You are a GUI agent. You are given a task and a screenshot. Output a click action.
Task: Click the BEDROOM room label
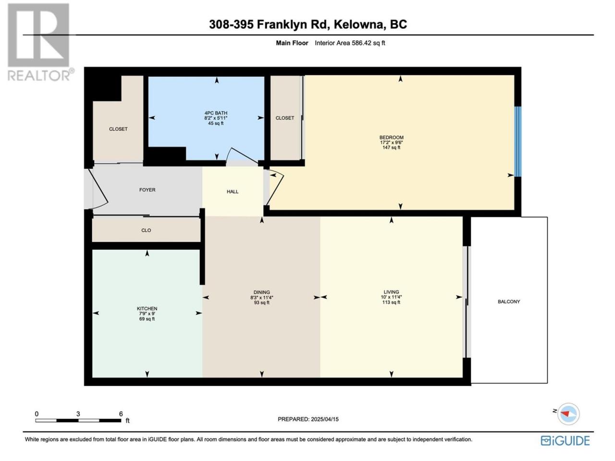[391, 137]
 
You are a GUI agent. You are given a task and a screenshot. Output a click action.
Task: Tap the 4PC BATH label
[216, 113]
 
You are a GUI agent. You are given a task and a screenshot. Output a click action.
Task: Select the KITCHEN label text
[147, 308]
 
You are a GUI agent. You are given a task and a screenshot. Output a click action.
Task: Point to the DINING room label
[262, 292]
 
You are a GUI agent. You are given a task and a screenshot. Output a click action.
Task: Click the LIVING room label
[391, 292]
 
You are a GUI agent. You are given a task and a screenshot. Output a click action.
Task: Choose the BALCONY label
[509, 302]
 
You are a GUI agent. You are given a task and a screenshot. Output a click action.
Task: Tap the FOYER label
[147, 190]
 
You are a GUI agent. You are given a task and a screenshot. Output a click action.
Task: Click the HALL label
[233, 192]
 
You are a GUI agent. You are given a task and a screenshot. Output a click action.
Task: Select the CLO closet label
[146, 230]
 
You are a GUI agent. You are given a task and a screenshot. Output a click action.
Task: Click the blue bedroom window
[518, 141]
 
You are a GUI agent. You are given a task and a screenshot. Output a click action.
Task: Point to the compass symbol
[568, 413]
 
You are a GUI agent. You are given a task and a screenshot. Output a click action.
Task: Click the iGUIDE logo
[565, 440]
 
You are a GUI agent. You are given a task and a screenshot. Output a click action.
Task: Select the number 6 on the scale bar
[121, 413]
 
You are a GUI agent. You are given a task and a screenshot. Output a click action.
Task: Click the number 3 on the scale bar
[78, 413]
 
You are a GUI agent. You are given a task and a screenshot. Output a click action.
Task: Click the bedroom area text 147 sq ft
[391, 147]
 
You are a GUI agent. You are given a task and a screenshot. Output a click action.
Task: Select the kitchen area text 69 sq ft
[147, 319]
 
